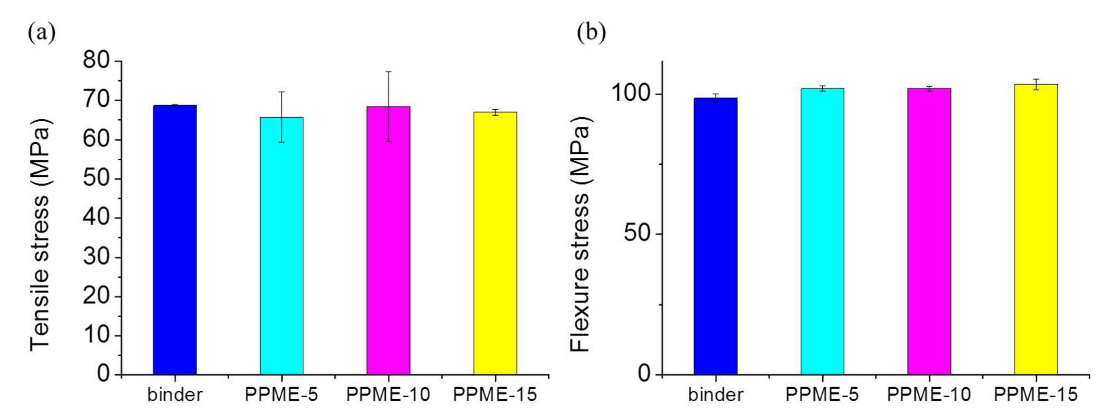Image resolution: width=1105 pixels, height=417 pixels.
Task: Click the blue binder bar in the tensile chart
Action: pyautogui.click(x=175, y=241)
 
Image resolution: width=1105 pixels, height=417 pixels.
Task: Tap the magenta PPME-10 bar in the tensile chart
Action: pyautogui.click(x=388, y=241)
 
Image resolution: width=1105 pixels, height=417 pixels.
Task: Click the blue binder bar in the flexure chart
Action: pyautogui.click(x=715, y=236)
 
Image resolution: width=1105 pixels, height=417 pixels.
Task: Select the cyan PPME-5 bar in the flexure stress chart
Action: pyautogui.click(x=822, y=232)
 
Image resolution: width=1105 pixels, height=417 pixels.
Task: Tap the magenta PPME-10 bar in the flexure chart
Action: pyautogui.click(x=929, y=232)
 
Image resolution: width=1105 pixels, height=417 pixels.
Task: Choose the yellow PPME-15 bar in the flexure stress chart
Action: pyautogui.click(x=1036, y=230)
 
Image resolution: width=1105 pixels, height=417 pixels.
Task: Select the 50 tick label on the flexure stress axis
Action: pyautogui.click(x=638, y=234)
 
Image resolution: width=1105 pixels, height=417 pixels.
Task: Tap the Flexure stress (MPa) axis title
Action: pyautogui.click(x=580, y=234)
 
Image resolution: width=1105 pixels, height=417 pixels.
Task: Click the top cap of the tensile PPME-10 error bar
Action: pyautogui.click(x=388, y=72)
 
